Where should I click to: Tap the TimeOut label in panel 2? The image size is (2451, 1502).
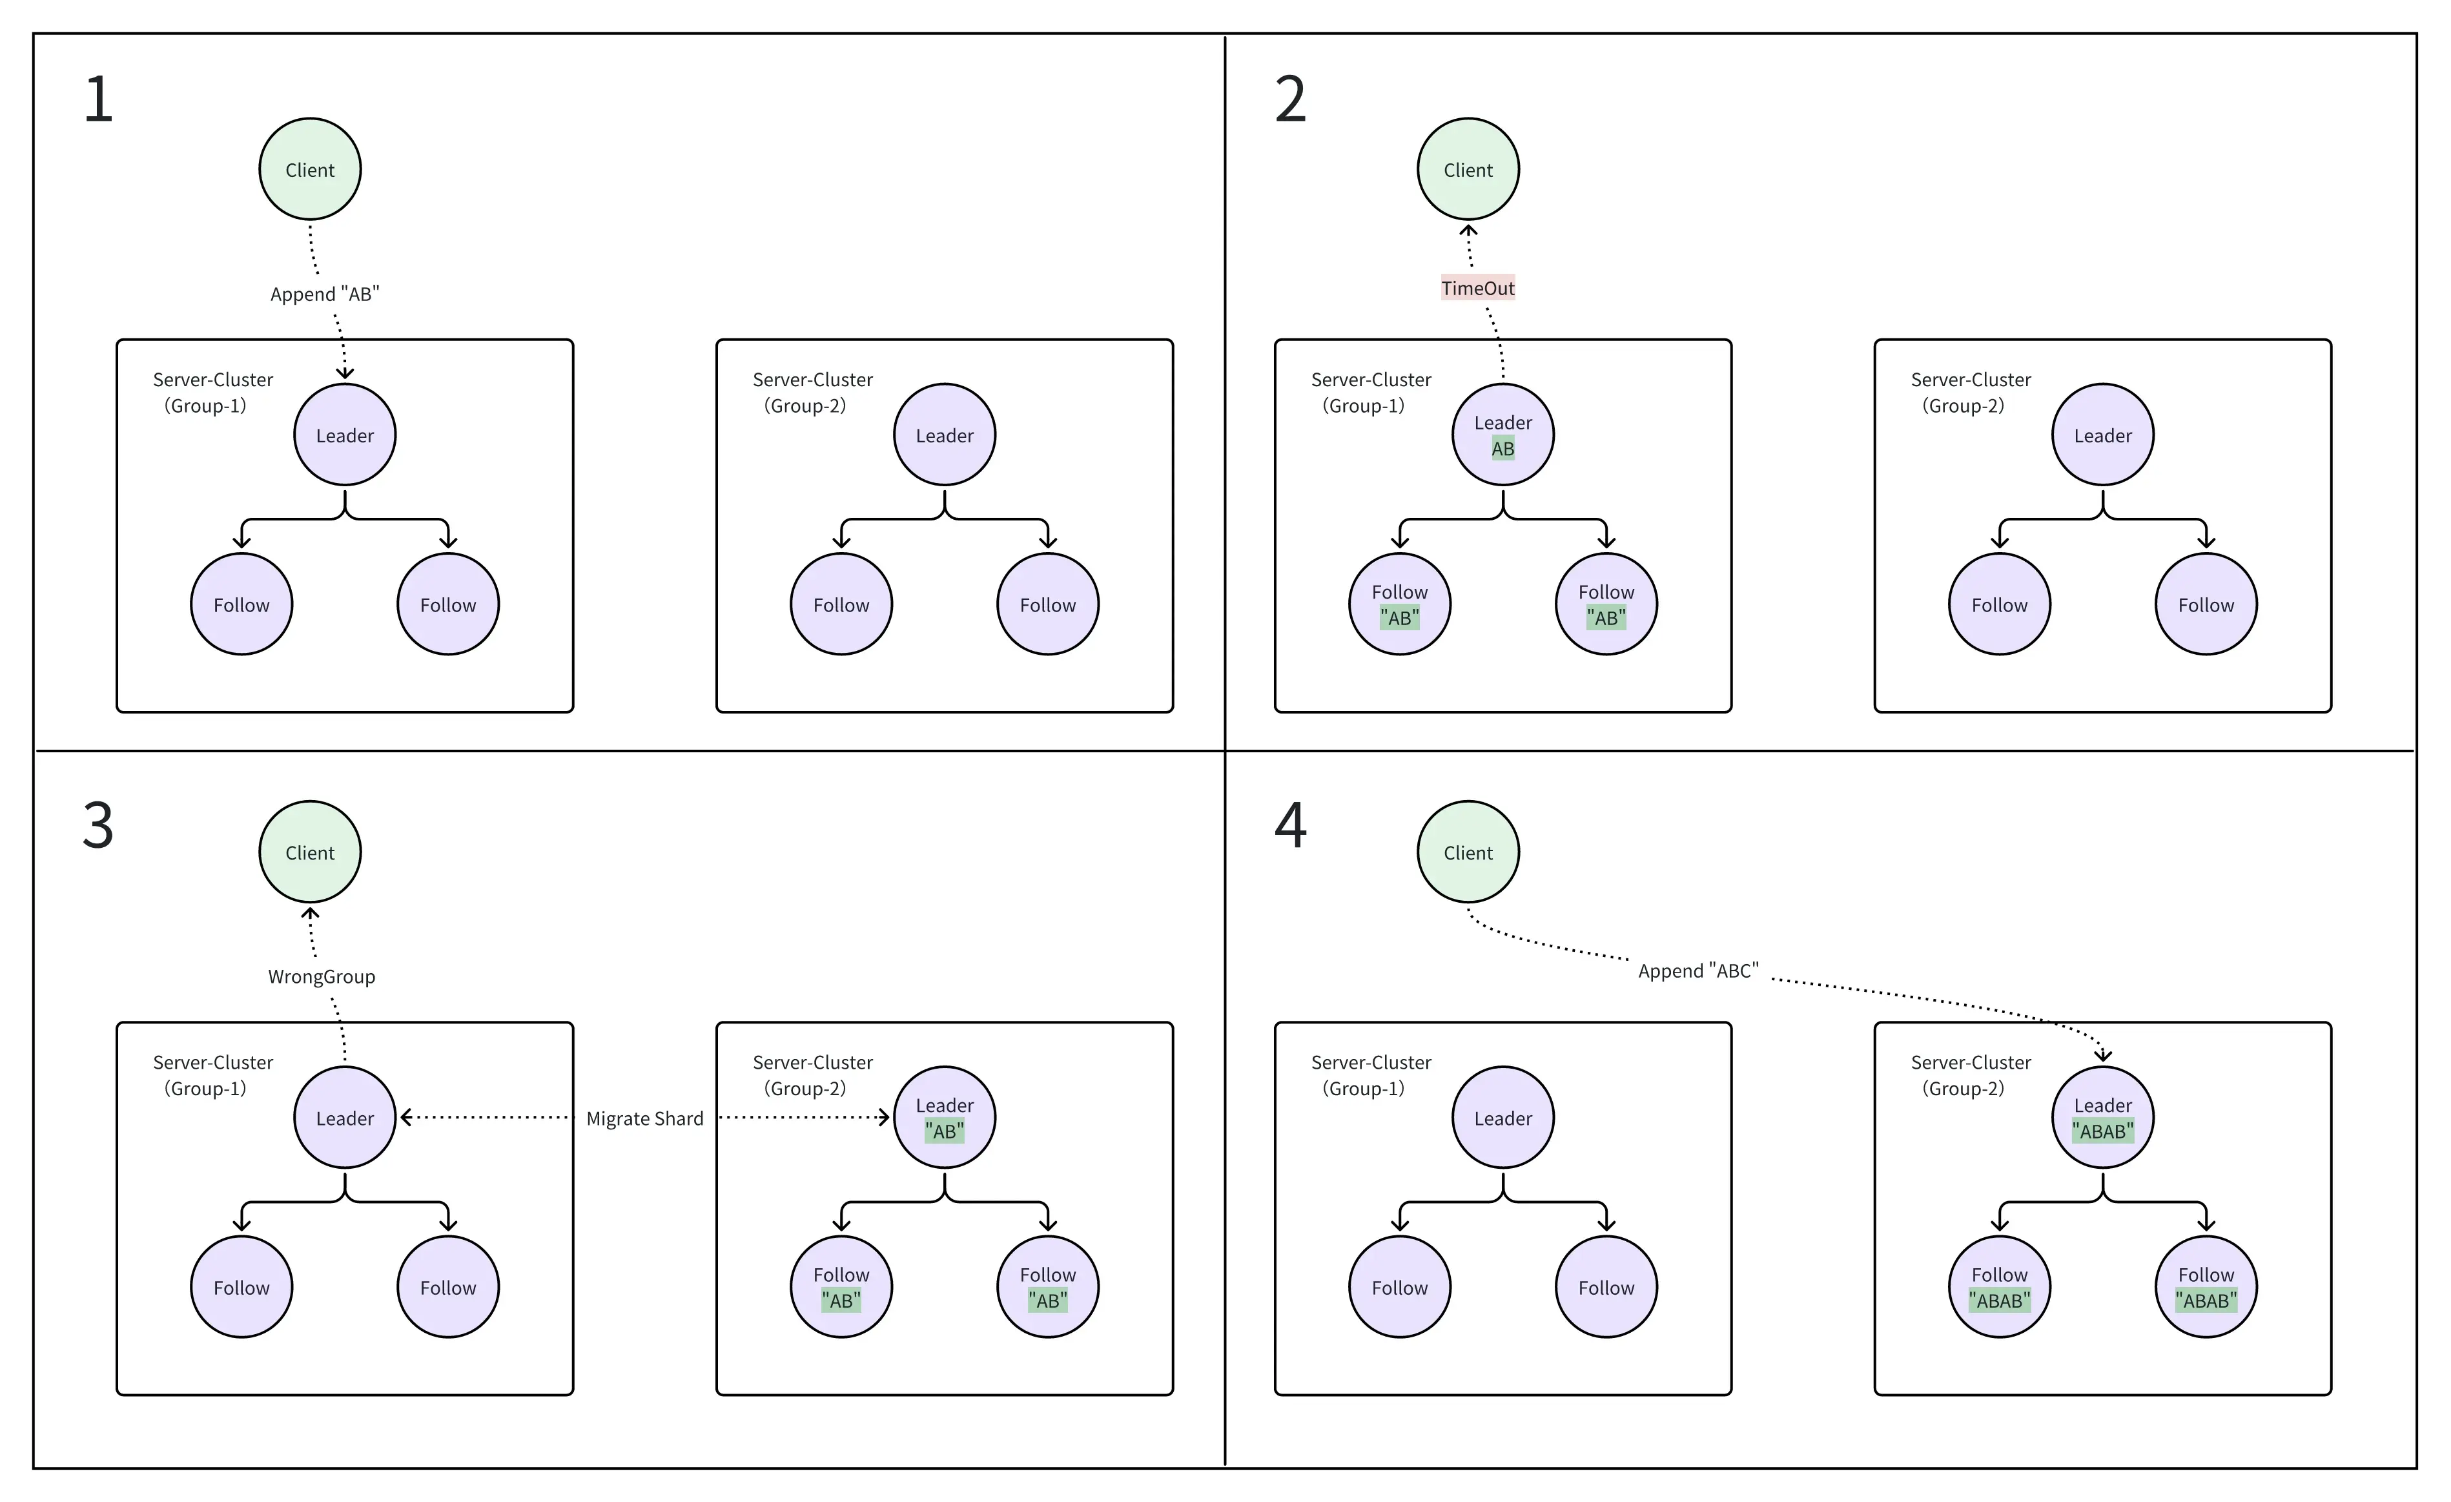1477,289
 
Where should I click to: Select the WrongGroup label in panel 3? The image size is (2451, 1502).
322,977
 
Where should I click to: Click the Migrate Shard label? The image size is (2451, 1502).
644,1119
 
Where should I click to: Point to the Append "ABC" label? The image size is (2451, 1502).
1698,971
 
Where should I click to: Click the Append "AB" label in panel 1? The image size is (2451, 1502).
324,294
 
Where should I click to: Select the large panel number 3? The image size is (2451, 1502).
97,826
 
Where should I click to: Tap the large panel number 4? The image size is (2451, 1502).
1290,826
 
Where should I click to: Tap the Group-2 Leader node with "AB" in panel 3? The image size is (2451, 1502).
944,1118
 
